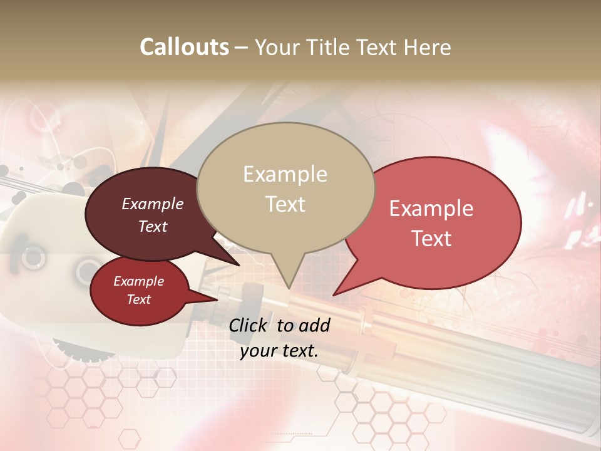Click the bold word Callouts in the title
pos(184,47)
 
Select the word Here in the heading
pos(427,47)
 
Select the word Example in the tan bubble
pos(285,174)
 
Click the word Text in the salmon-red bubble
pos(431,239)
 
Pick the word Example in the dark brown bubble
pos(153,204)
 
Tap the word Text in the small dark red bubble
pos(139,299)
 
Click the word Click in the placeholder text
pos(249,325)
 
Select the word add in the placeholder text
pos(314,325)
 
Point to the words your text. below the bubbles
pos(279,351)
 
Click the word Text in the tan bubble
pos(285,204)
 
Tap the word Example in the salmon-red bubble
pos(431,209)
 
